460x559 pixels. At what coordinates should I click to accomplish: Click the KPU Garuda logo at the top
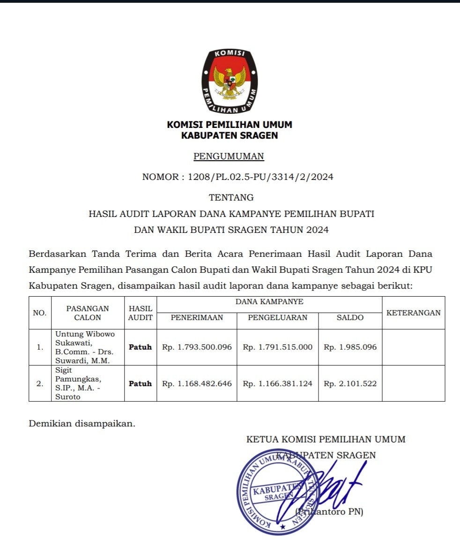click(230, 82)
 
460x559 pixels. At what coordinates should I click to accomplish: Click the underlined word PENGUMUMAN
click(229, 157)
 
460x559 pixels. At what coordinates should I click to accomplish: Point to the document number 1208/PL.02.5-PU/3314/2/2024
click(260, 177)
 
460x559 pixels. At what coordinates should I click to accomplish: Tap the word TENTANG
click(231, 198)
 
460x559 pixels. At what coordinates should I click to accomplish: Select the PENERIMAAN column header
click(197, 318)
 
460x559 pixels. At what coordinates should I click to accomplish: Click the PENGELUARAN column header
click(278, 318)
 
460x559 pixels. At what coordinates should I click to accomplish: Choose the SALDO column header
click(350, 318)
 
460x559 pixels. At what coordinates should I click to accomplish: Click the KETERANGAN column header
click(414, 313)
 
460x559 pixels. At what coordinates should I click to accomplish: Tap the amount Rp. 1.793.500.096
click(197, 347)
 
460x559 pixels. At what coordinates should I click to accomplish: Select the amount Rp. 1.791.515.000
click(278, 347)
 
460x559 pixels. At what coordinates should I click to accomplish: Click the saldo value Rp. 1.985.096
click(350, 347)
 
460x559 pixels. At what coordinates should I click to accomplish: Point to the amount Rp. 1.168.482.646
click(197, 384)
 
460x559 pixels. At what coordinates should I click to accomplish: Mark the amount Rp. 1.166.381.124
click(278, 384)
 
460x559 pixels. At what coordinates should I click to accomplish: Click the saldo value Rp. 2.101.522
click(350, 384)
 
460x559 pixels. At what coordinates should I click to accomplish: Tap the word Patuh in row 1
click(141, 347)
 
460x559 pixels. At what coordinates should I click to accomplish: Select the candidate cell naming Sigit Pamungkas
click(87, 384)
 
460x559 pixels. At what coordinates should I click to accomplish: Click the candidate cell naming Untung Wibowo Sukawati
click(87, 347)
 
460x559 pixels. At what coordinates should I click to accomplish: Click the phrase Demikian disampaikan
click(82, 424)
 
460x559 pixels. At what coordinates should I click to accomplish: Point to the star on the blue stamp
click(282, 527)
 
